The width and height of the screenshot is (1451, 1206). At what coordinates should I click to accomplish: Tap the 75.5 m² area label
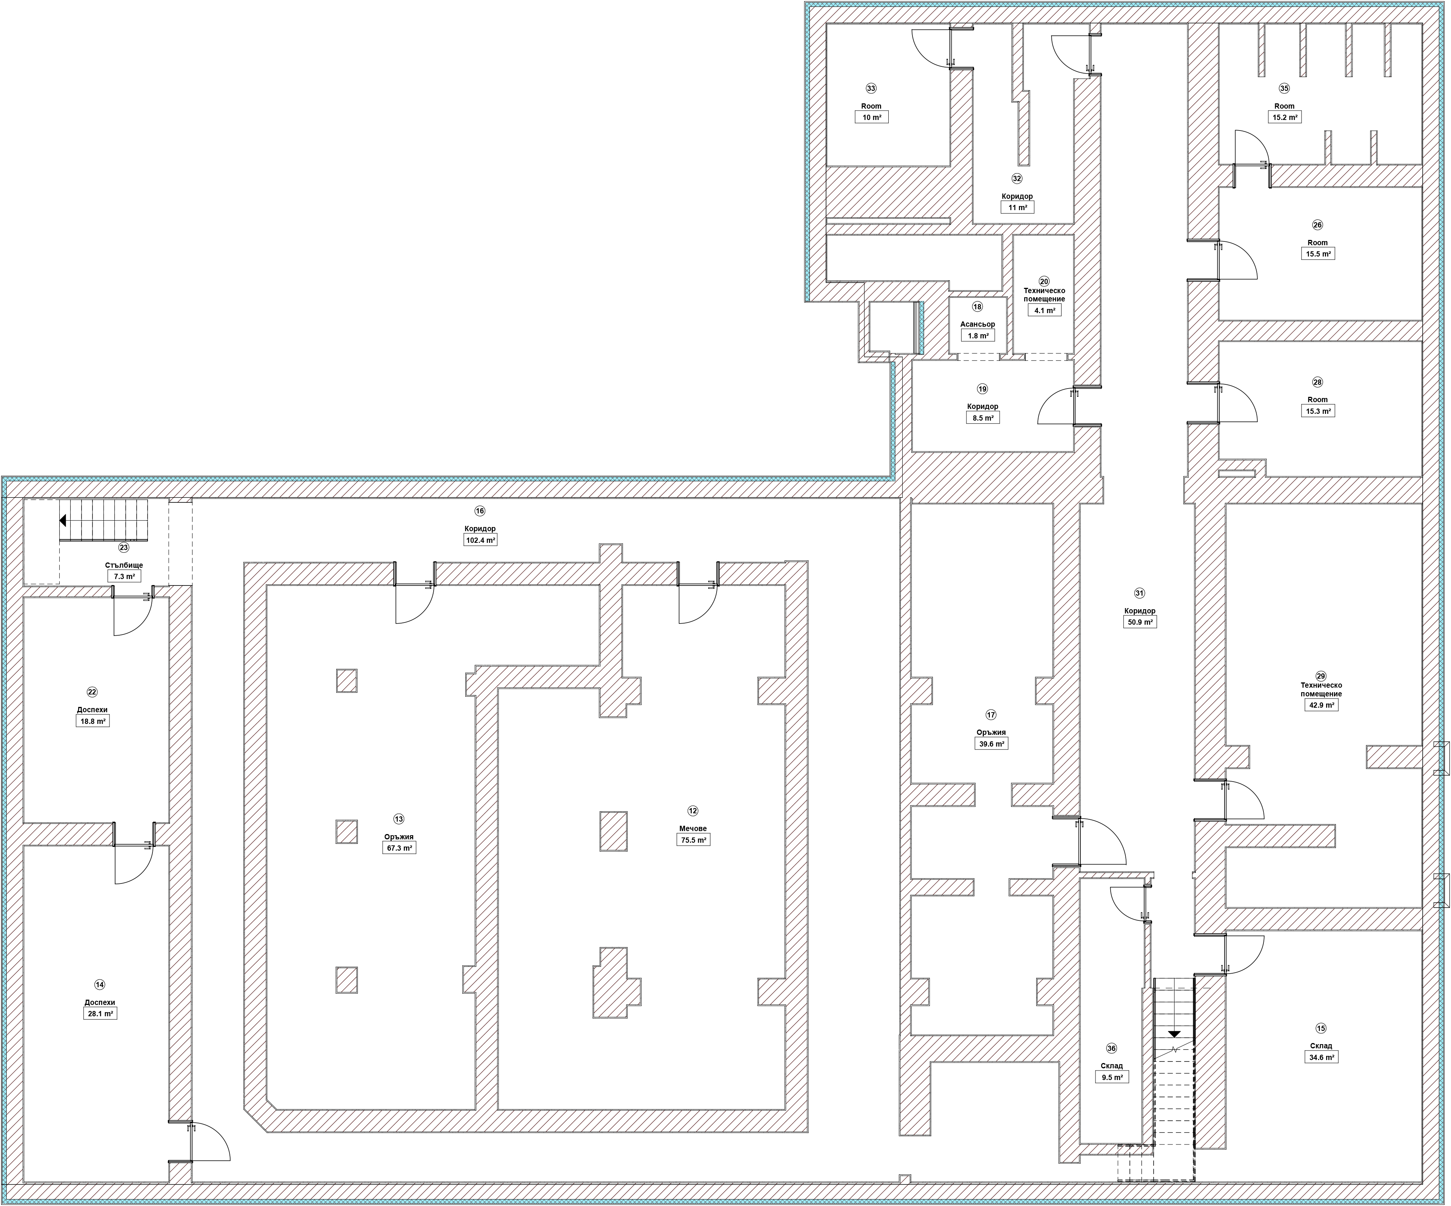[x=693, y=840]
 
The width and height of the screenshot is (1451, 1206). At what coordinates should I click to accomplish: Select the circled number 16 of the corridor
[x=480, y=511]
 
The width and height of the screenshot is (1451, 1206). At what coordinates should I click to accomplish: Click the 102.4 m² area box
[x=480, y=540]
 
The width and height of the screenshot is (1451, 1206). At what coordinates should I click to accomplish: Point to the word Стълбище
[x=125, y=565]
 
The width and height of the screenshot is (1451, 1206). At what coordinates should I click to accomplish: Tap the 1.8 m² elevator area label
[x=978, y=336]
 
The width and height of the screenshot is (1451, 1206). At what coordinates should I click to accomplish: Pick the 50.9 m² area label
[x=1139, y=622]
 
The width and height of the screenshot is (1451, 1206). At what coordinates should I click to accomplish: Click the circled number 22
[x=92, y=692]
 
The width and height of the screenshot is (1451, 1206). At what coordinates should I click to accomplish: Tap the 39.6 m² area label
[x=991, y=744]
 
